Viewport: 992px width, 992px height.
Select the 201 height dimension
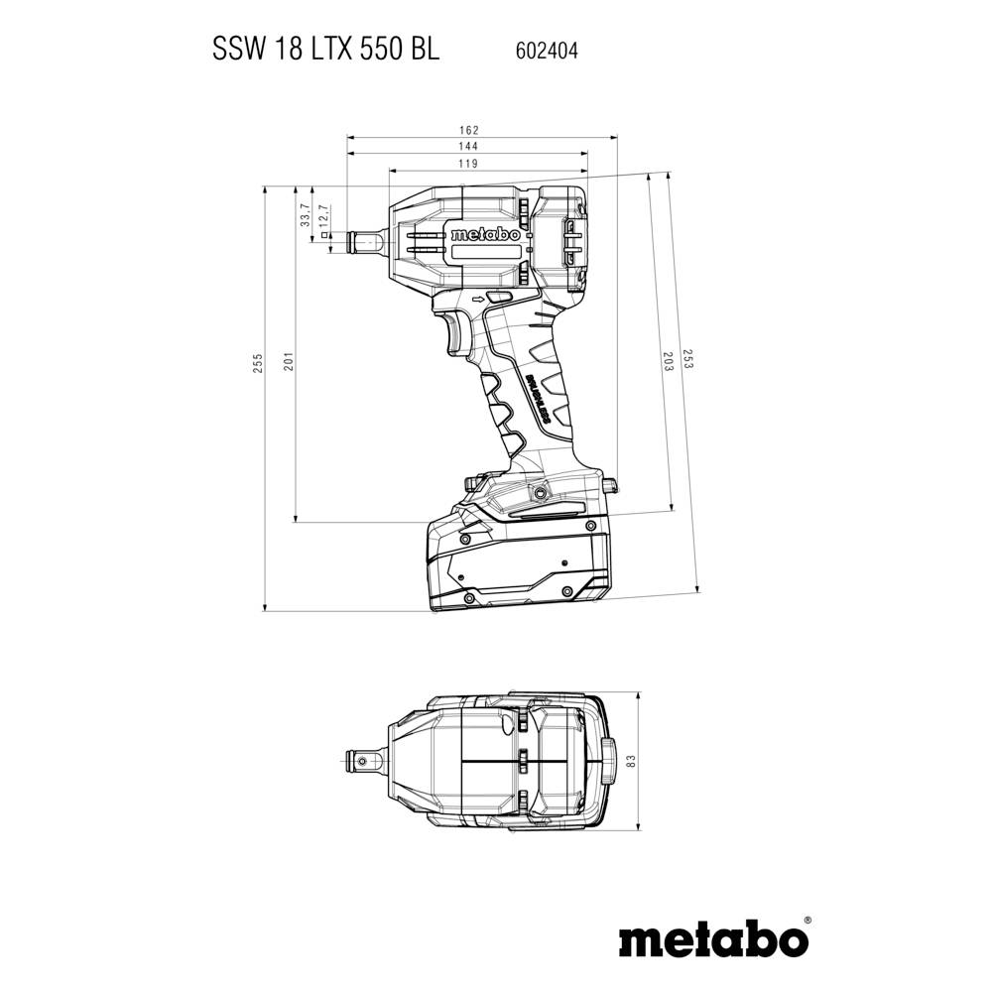point(288,363)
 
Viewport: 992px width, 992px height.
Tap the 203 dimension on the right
point(668,363)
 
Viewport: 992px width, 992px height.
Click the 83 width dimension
point(629,761)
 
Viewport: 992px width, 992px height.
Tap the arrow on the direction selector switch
point(483,298)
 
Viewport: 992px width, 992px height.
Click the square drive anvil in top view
point(366,761)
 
